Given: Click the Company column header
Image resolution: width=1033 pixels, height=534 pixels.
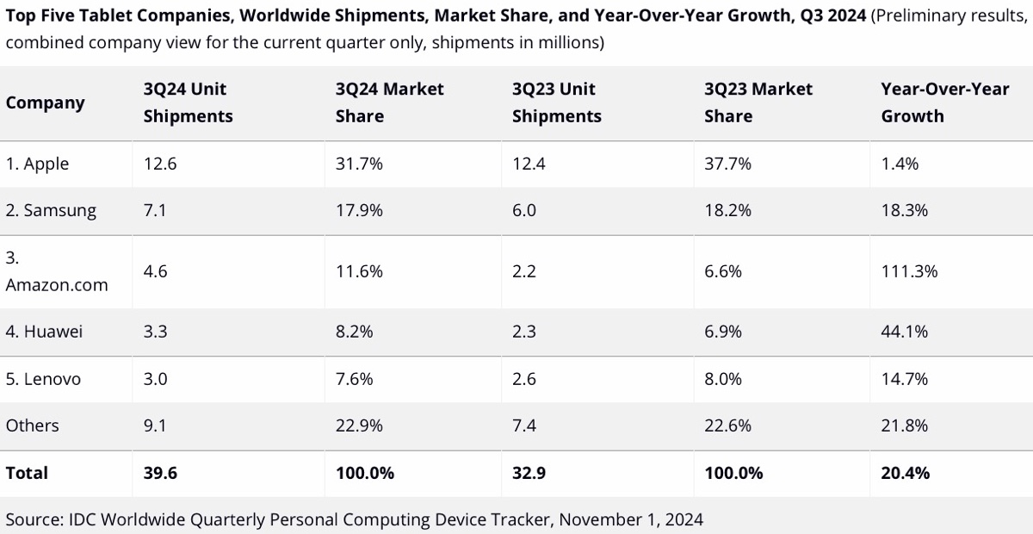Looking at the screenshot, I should (x=45, y=103).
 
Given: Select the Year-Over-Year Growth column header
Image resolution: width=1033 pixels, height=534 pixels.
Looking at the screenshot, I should (x=944, y=102).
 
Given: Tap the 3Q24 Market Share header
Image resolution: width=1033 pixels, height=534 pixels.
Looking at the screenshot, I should (x=389, y=102).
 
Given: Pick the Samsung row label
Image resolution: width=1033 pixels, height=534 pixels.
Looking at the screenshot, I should (x=51, y=211).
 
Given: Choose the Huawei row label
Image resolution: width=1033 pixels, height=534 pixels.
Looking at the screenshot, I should (x=44, y=332).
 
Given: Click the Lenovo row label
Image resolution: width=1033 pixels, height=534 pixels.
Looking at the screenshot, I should (x=43, y=379).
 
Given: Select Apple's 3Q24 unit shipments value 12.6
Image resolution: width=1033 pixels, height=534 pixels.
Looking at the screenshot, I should (x=159, y=164).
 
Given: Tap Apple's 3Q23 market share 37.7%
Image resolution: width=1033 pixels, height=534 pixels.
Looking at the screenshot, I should (x=727, y=164).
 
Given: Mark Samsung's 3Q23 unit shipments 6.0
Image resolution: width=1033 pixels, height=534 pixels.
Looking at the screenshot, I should (x=524, y=211).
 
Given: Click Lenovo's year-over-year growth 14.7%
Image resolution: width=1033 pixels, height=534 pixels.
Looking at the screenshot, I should (x=905, y=379).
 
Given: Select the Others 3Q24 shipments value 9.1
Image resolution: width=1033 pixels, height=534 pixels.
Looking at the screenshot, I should (x=155, y=425).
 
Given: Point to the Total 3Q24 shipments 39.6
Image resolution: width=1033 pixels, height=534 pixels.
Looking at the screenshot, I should (x=160, y=473).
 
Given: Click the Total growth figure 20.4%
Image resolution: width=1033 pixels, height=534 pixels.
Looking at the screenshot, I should (x=906, y=473).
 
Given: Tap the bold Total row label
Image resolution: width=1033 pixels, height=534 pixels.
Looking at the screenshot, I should (x=27, y=473).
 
